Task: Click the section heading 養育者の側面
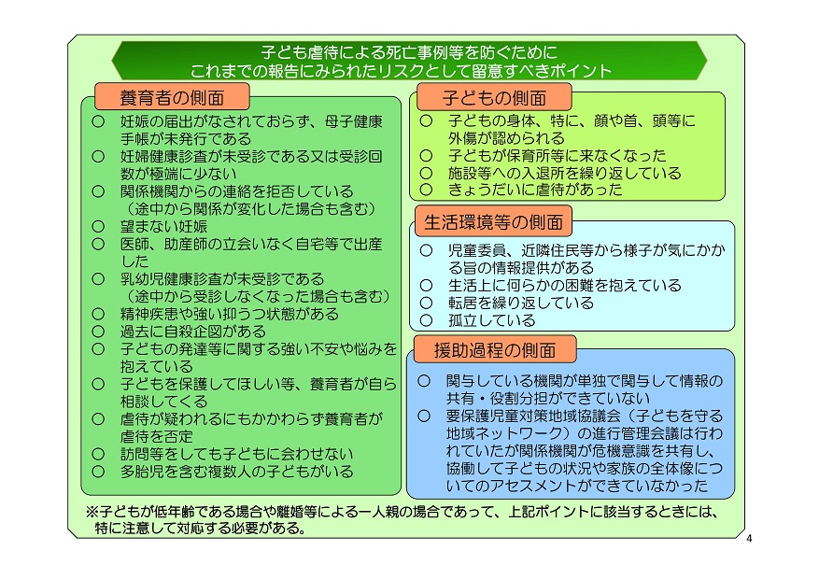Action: point(172,98)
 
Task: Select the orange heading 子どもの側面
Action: point(494,98)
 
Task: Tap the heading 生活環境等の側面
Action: point(494,222)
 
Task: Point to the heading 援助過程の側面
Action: point(495,350)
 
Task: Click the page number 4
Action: point(750,538)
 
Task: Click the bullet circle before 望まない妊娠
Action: point(98,226)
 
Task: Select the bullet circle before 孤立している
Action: point(426,320)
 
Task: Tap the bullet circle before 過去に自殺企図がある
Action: point(98,331)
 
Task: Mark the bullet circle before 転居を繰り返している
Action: point(426,303)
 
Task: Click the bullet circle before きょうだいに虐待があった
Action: point(426,189)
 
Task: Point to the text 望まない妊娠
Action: point(164,226)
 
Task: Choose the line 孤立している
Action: point(492,320)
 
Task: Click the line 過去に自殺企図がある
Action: point(193,331)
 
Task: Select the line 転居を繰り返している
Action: point(521,303)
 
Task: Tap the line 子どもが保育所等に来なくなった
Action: point(558,155)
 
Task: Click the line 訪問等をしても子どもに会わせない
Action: point(236,454)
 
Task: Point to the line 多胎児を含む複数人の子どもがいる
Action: point(236,472)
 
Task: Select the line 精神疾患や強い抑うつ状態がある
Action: point(230,313)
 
